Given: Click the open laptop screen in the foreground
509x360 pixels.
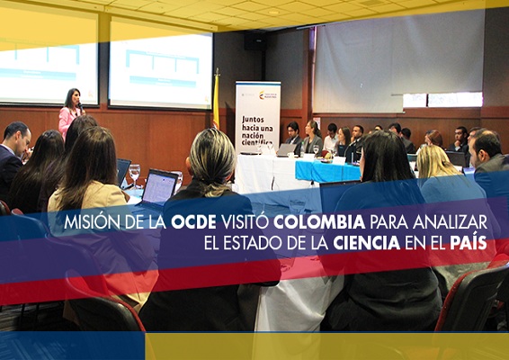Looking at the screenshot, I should click(x=159, y=187).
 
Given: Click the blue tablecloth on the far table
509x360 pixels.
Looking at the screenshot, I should click(x=327, y=170).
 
